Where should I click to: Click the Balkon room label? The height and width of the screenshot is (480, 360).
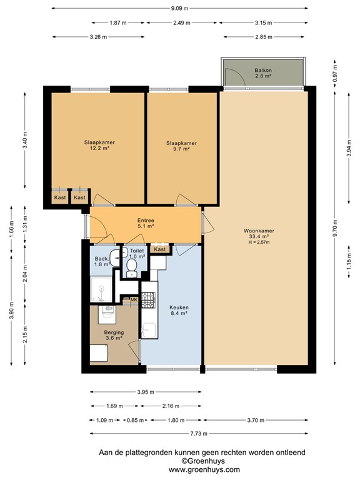[x=262, y=73]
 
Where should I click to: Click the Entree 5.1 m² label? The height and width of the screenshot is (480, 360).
[x=146, y=224]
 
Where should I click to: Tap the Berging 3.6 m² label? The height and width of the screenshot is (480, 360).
[x=113, y=336]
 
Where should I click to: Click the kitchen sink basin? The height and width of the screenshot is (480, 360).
[x=148, y=329]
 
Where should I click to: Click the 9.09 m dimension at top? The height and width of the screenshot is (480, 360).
[x=180, y=9]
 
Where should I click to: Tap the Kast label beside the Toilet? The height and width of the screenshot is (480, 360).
[x=160, y=249]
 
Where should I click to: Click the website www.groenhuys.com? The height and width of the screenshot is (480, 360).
[x=204, y=469]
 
